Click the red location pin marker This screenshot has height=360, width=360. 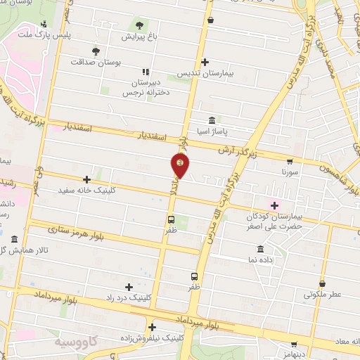coord(181,165)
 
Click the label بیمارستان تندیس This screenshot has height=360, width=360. coord(205,73)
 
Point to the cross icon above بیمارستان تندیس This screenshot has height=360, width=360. coord(205,62)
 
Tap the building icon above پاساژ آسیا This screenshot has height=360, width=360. coord(212,120)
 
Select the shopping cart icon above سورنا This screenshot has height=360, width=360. coord(290,161)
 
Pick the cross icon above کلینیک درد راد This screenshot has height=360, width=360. coord(128,287)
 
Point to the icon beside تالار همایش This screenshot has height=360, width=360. coord(15,239)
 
